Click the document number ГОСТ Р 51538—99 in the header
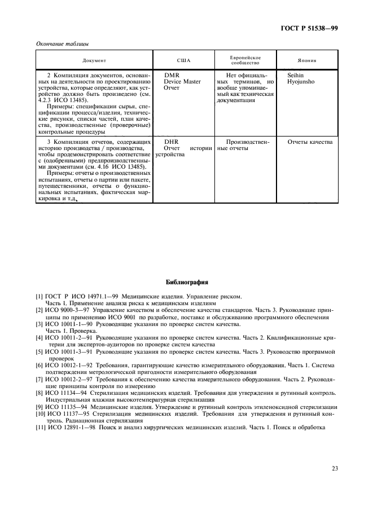click(314, 28)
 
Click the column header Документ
click(94, 60)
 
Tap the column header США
click(183, 60)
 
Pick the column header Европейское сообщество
click(245, 60)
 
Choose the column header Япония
click(307, 60)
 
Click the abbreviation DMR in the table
click(172, 75)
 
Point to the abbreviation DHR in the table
click(171, 142)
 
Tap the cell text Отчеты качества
click(310, 142)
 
